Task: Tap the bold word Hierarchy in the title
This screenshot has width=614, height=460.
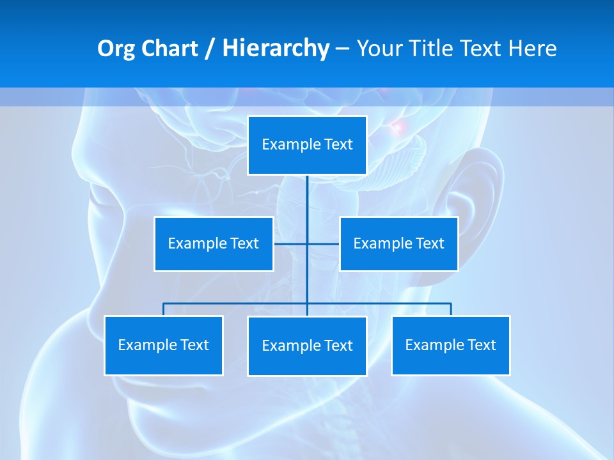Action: (x=275, y=49)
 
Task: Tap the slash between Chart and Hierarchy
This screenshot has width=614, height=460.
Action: (x=210, y=49)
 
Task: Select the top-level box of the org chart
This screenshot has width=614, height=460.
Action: (x=307, y=145)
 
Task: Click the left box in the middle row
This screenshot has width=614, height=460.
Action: (x=214, y=243)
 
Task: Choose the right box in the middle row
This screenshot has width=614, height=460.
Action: (x=398, y=243)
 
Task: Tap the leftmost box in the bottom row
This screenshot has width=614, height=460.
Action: (x=163, y=345)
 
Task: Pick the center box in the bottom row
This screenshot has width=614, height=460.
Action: (x=307, y=346)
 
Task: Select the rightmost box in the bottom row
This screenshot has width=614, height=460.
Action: (x=450, y=345)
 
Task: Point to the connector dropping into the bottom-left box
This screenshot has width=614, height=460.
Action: (x=163, y=309)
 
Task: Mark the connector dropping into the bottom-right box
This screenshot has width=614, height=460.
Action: (x=451, y=309)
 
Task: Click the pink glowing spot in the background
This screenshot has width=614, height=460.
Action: (x=398, y=127)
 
